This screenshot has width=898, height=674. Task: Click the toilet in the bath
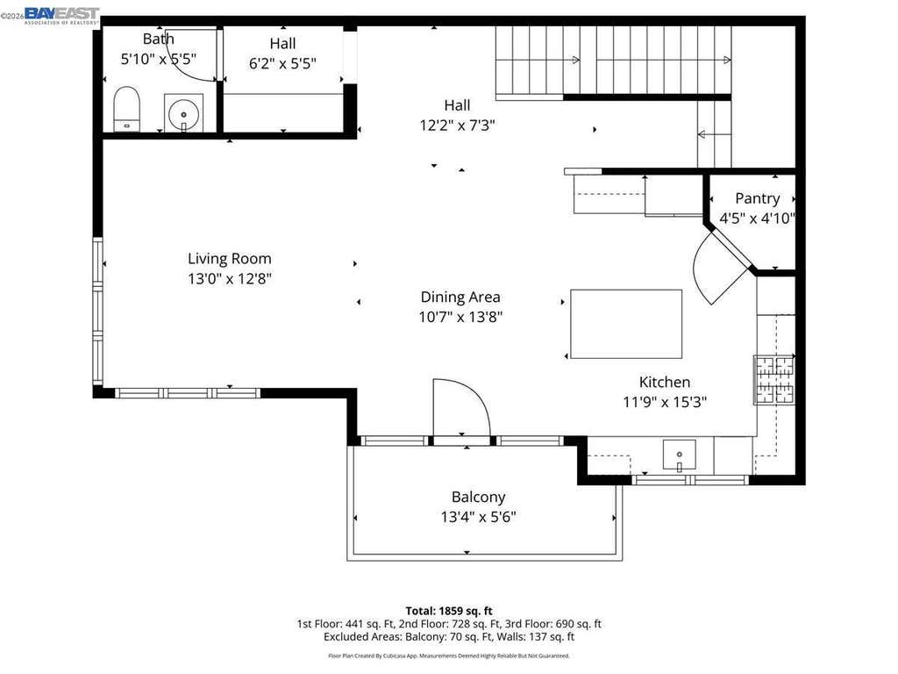click(x=126, y=109)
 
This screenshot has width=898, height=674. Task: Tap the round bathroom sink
click(x=183, y=113)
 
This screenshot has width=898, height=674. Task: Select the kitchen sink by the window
click(x=680, y=455)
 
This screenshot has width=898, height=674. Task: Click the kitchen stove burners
click(x=774, y=379)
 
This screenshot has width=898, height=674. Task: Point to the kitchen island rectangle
click(x=626, y=324)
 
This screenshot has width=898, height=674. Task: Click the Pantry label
click(x=757, y=198)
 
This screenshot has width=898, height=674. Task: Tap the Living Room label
click(x=230, y=259)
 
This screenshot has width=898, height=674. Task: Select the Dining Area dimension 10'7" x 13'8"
click(x=460, y=316)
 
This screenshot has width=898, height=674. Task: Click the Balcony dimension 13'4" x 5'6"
click(x=478, y=517)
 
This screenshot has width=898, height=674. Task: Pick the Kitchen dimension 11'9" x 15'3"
click(x=665, y=402)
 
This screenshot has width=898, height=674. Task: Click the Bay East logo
click(x=62, y=16)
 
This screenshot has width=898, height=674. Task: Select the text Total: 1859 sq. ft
click(x=449, y=611)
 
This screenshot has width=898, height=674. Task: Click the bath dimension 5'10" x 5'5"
click(x=158, y=59)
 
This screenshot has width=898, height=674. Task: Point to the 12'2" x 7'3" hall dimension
click(x=457, y=125)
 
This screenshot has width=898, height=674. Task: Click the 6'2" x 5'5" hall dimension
click(x=282, y=63)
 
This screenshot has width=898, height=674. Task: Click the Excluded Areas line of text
click(x=449, y=637)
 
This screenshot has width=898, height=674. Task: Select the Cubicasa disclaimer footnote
click(x=449, y=656)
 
